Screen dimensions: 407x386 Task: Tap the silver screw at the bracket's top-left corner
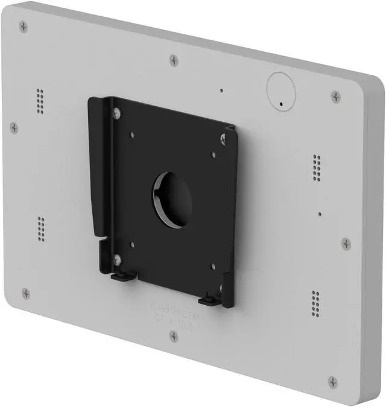pyautogui.click(x=116, y=112)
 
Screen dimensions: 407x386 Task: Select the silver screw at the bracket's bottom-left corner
pyautogui.click(x=118, y=259)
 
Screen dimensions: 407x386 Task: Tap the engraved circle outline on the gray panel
pyautogui.click(x=282, y=89)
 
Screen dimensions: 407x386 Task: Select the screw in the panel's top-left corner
pyautogui.click(x=24, y=27)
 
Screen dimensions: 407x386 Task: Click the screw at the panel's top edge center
pyautogui.click(x=174, y=60)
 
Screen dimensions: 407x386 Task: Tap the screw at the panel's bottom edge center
pyautogui.click(x=174, y=336)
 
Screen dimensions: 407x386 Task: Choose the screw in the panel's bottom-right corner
pyautogui.click(x=332, y=381)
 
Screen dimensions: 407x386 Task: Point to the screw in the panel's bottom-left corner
pyautogui.click(x=25, y=293)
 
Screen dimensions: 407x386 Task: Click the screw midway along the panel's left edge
pyautogui.click(x=14, y=127)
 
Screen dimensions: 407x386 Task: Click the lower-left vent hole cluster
pyautogui.click(x=41, y=229)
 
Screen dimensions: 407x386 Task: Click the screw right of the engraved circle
pyautogui.click(x=335, y=96)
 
